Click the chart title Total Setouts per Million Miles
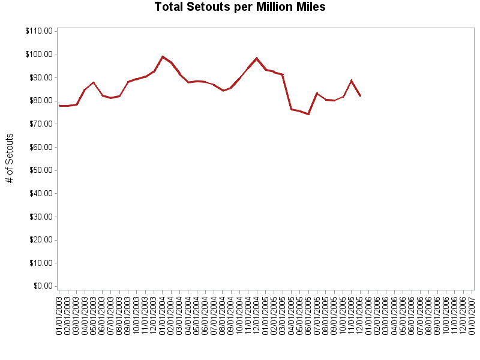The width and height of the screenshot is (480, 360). pos(240,7)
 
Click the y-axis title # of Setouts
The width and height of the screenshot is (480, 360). pos(10,158)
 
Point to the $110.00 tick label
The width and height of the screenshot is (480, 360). pos(38,31)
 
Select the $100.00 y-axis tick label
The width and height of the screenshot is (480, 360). pos(38,55)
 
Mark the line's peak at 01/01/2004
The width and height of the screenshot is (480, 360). pos(163,56)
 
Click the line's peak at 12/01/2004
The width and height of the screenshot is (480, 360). pos(257,58)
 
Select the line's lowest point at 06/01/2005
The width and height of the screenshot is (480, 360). pos(308,114)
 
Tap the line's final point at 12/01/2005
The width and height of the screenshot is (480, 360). pos(360,96)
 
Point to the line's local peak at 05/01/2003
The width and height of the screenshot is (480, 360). pos(94,82)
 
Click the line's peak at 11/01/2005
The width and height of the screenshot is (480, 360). pos(352,80)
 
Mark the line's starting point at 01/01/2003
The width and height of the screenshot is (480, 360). pos(59,106)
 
